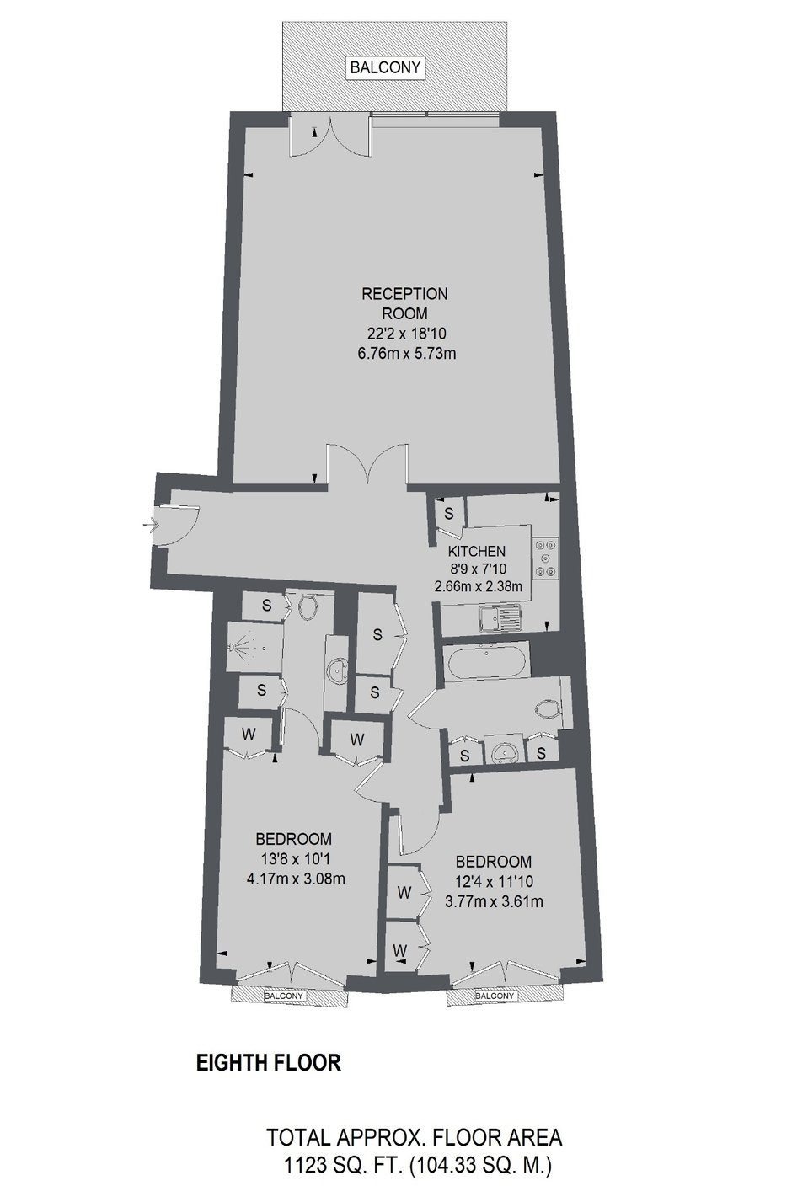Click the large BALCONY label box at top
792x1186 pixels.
(386, 67)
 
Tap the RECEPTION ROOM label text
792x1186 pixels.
(404, 303)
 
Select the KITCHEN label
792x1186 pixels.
(477, 551)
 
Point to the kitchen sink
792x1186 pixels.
(500, 619)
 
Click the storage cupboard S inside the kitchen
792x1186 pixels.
(449, 512)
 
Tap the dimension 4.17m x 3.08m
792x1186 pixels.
(296, 879)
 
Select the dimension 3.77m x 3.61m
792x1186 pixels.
(495, 901)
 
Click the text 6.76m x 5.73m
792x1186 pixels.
(407, 353)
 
